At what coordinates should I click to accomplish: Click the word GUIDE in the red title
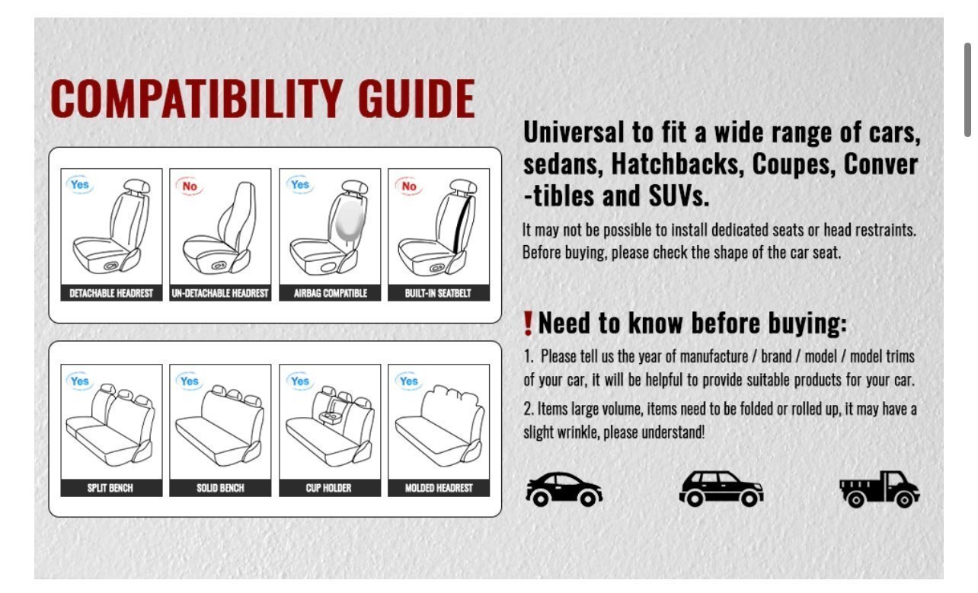[416, 99]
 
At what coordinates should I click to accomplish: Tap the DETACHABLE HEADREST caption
[111, 293]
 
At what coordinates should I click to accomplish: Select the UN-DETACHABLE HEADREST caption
[220, 293]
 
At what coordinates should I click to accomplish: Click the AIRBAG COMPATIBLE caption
[330, 293]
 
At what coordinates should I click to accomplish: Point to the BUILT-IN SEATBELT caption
[438, 293]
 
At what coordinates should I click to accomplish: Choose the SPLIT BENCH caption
[110, 488]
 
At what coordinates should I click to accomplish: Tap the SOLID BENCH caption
[220, 488]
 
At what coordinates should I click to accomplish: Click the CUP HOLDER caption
[328, 488]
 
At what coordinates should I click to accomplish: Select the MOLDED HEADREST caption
[439, 488]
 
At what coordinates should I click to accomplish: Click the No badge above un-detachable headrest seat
[190, 187]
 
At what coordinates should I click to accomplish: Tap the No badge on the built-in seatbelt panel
[409, 187]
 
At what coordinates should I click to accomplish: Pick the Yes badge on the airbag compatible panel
[300, 184]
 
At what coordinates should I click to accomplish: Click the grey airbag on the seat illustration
[350, 221]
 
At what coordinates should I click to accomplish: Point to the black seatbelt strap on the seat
[462, 225]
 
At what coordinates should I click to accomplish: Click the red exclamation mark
[529, 324]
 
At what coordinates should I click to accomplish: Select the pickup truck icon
[879, 489]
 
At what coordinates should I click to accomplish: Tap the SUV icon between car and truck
[721, 489]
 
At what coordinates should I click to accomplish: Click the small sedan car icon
[564, 489]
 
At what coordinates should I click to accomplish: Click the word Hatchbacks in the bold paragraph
[677, 164]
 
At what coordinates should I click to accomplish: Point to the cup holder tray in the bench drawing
[331, 417]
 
